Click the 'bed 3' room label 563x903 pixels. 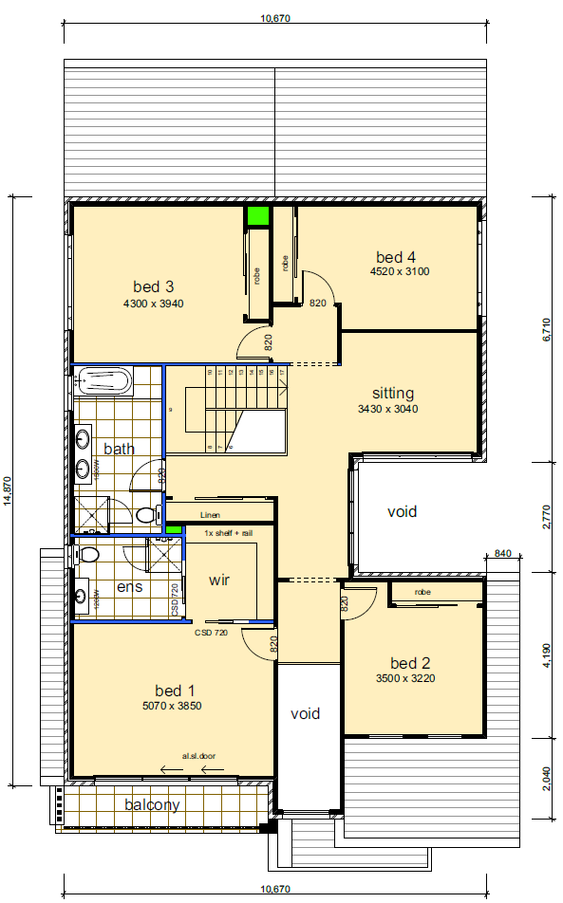click(x=153, y=286)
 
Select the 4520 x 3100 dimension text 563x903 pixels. click(x=400, y=271)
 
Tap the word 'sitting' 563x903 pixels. click(x=392, y=393)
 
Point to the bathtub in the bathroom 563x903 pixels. click(x=104, y=382)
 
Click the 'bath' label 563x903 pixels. click(x=119, y=448)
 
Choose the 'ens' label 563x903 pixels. click(x=129, y=587)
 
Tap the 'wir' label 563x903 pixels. click(x=219, y=579)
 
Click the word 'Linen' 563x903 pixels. click(x=210, y=515)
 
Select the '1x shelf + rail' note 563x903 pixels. click(x=229, y=533)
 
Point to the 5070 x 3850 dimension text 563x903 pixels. click(x=172, y=705)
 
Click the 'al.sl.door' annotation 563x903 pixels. click(x=199, y=756)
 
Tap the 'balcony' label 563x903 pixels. click(x=152, y=804)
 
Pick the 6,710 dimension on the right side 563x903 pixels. click(x=546, y=329)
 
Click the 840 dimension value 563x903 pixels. click(x=503, y=553)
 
